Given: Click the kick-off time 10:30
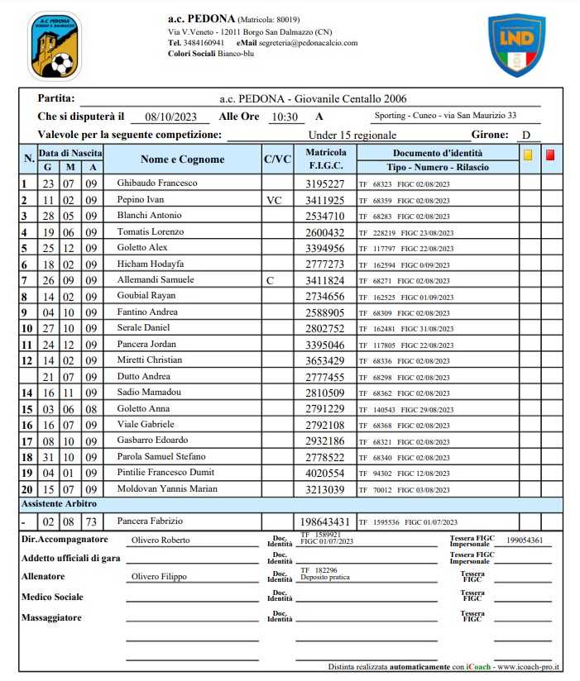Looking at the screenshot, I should tap(285, 117).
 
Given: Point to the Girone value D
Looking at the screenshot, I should tap(525, 136).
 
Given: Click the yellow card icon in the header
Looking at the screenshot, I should tap(527, 154).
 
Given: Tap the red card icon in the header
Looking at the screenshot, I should tap(550, 154).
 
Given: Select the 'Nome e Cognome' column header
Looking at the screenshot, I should tap(182, 160).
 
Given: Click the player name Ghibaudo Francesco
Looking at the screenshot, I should tap(157, 183).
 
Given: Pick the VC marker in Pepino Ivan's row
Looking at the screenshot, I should tap(275, 200).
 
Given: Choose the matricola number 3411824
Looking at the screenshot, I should tap(325, 280).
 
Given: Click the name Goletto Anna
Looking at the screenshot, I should tap(146, 408).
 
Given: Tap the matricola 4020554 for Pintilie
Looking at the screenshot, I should tap(325, 473).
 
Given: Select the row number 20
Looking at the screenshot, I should tap(26, 489).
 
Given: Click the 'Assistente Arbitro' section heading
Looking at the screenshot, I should tap(59, 503).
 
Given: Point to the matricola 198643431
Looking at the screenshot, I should tap(325, 521).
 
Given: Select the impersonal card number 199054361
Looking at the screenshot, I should tap(525, 541).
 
